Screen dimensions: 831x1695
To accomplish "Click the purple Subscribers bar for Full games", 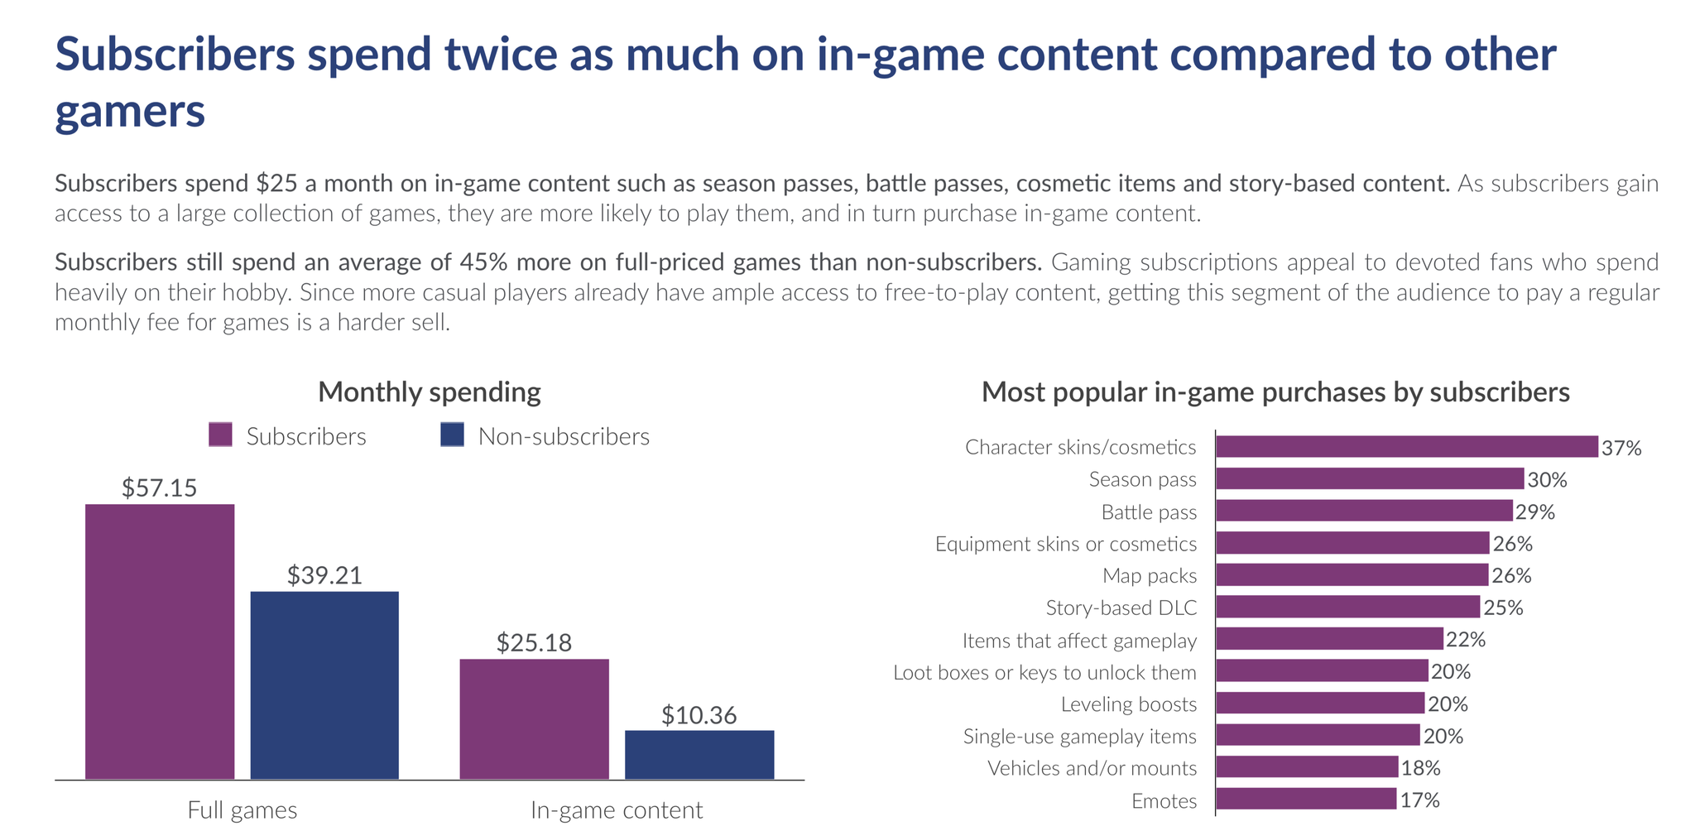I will [160, 641].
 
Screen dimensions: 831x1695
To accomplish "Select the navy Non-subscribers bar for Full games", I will [324, 684].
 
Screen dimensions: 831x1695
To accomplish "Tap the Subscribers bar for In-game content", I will [534, 718].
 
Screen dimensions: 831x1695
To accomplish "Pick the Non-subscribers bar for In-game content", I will [699, 754].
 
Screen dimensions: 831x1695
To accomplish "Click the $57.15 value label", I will [160, 488].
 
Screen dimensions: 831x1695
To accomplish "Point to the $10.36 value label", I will [699, 716].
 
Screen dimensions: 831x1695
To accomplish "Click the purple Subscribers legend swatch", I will [220, 435].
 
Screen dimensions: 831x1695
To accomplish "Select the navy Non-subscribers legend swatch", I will [452, 435].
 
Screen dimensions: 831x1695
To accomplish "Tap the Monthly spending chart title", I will [430, 392].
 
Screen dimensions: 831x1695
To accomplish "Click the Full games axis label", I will [242, 809].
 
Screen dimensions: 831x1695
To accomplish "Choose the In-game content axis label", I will [617, 809].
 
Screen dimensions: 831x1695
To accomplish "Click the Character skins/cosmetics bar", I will [1406, 447].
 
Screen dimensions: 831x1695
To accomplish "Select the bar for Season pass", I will [1370, 479].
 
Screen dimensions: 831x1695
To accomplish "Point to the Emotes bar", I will [1306, 800].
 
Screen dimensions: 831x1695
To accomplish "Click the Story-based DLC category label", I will [1121, 608].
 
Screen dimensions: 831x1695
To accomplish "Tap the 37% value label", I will [1621, 449].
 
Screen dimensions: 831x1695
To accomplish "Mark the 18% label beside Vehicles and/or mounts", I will [1421, 768].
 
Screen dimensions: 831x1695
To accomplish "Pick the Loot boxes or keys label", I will [1044, 673].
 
